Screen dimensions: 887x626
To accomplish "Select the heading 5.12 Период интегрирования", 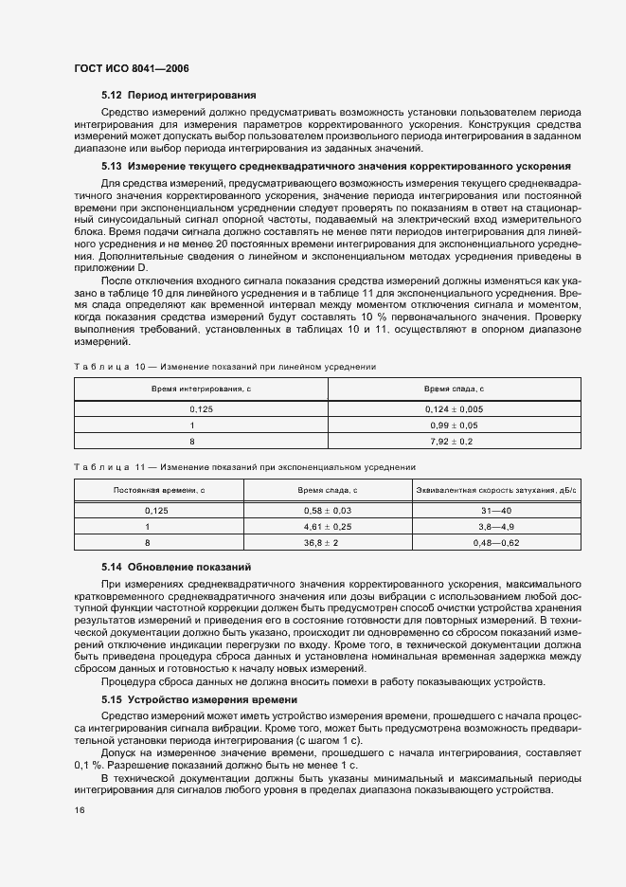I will point(179,96).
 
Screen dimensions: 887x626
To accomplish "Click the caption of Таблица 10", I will point(224,366).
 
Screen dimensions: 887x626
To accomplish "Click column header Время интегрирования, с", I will point(201,389).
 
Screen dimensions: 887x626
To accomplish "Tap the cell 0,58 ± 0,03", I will point(328,510).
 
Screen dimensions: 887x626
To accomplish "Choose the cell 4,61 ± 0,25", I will point(328,526).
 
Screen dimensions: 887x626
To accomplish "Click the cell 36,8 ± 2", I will point(328,543).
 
